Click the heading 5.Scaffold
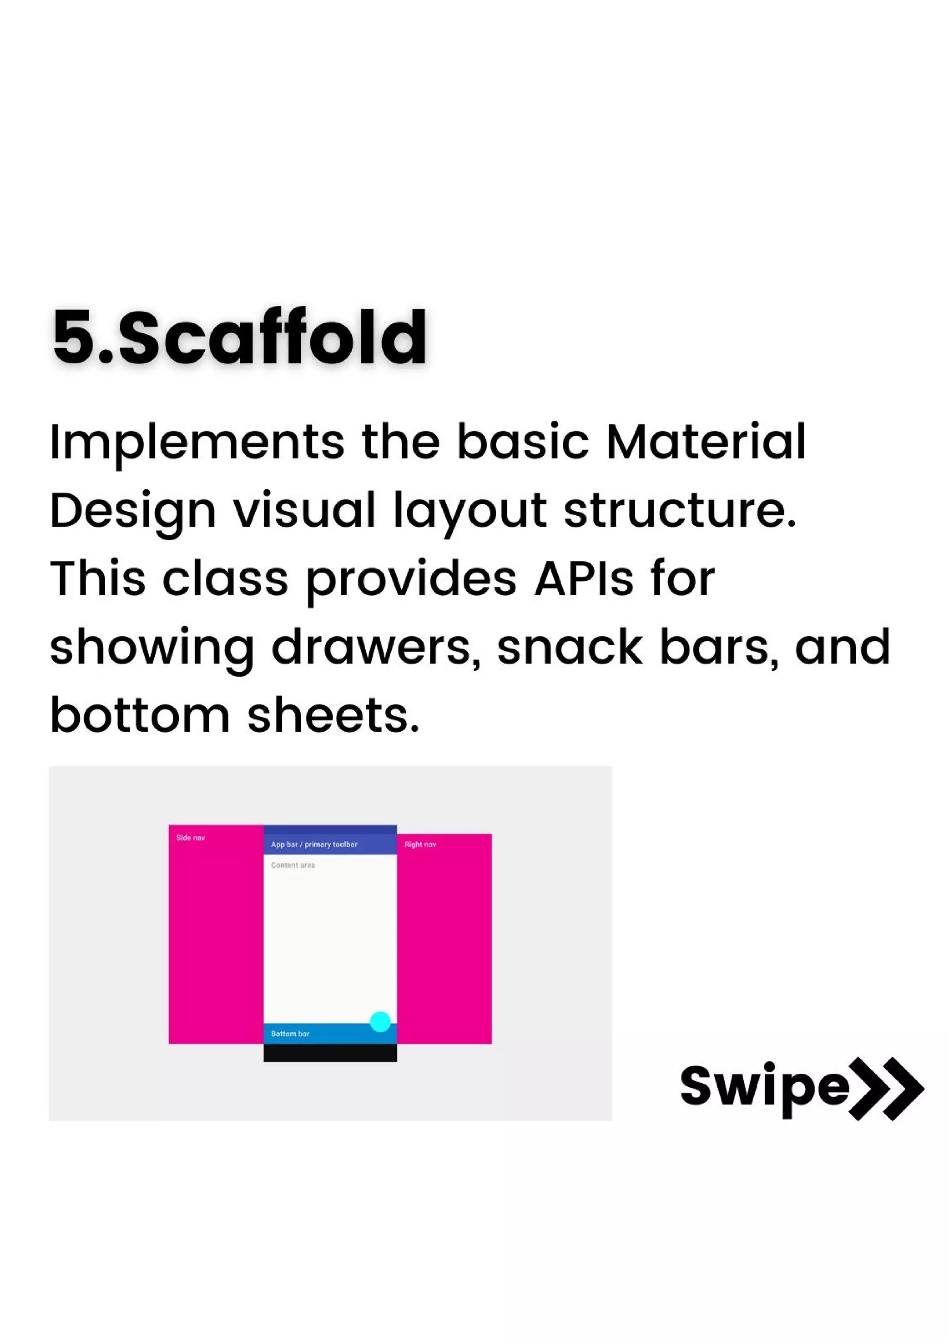240,338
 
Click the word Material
706,441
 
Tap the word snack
569,648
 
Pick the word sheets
333,716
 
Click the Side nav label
190,838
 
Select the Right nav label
420,844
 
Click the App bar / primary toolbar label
314,844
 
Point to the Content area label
293,865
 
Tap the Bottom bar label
290,1034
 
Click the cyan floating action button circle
380,1022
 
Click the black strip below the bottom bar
330,1053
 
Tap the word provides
411,580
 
